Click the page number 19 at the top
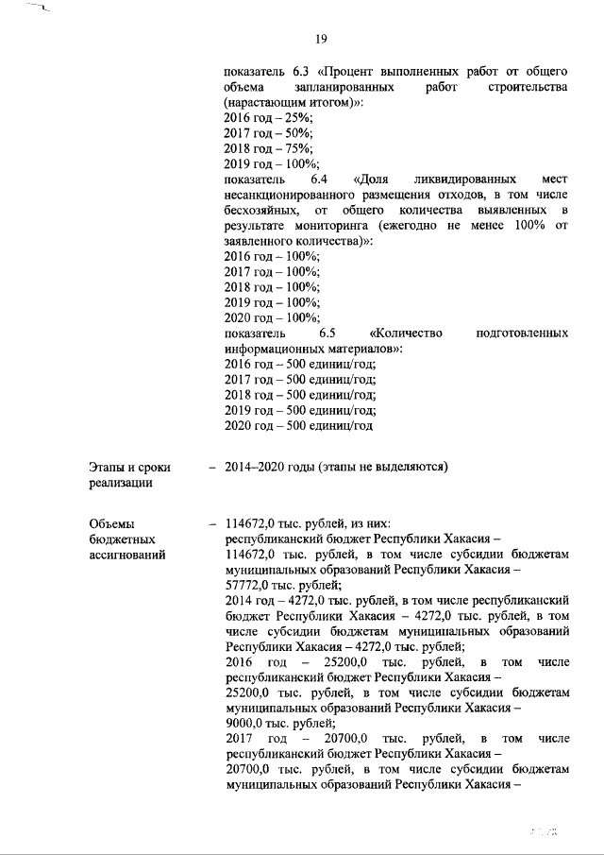[322, 39]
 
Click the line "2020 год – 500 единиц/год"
[299, 426]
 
